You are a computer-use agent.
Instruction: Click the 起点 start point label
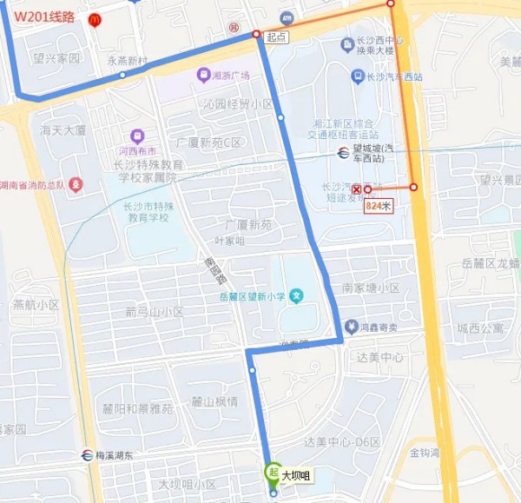coord(275,36)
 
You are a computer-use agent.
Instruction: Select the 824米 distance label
coord(379,206)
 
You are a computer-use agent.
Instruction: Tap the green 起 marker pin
coord(272,473)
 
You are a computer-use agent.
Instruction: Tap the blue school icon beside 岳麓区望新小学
coord(297,297)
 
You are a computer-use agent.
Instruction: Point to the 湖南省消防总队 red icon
coord(76,185)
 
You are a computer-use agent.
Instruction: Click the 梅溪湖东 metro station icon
coord(88,454)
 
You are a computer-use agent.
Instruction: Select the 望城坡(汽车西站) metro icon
coord(344,153)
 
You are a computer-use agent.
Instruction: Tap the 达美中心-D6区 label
coord(342,442)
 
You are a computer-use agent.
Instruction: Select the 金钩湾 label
coord(425,453)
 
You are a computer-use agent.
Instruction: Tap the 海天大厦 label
coord(63,130)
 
